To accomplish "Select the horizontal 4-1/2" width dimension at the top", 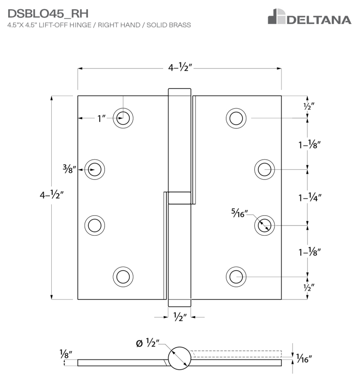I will click(180, 68).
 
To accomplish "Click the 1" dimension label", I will click(102, 119).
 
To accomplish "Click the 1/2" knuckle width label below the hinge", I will click(179, 317).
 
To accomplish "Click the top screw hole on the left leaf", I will click(123, 118).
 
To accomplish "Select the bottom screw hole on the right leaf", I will click(236, 276).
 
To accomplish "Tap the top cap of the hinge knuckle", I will click(179, 92).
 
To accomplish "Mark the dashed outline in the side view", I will click(236, 354).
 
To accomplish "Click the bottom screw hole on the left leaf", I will click(123, 276).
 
